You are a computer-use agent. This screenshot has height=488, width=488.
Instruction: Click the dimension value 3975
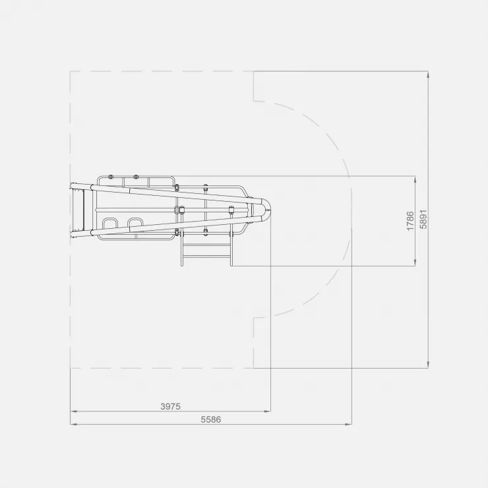170,406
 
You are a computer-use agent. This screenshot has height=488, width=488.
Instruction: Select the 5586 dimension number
211,419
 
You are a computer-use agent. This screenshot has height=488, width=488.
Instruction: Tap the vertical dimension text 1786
410,221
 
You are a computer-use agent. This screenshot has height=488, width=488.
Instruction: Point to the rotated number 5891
423,220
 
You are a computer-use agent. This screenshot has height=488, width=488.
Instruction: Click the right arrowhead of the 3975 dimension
268,411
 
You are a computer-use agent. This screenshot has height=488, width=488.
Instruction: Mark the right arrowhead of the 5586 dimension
349,424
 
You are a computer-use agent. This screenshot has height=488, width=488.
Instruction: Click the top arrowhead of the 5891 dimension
428,75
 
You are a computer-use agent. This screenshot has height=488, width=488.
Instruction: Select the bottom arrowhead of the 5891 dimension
428,365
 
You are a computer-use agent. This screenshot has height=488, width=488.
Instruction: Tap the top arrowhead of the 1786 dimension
415,179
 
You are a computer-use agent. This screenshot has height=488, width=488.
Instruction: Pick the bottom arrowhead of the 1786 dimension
415,262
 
